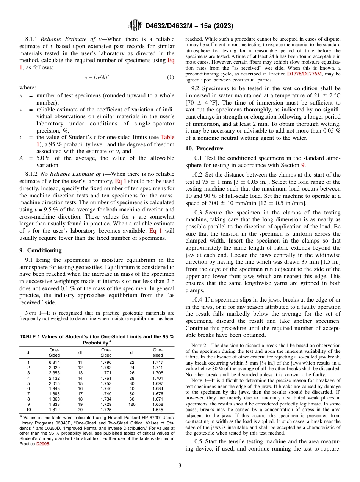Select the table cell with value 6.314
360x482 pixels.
(x=54, y=362)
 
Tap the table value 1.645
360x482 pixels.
(x=158, y=410)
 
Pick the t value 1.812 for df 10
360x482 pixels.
(x=54, y=410)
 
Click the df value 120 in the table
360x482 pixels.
(x=132, y=404)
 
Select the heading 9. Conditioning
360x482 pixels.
(x=40, y=250)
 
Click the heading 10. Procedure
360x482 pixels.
(x=204, y=149)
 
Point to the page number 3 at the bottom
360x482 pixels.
(x=180, y=465)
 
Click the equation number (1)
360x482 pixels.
(x=171, y=77)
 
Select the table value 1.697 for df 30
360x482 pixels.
(x=158, y=383)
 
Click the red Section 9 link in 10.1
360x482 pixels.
(x=303, y=165)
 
